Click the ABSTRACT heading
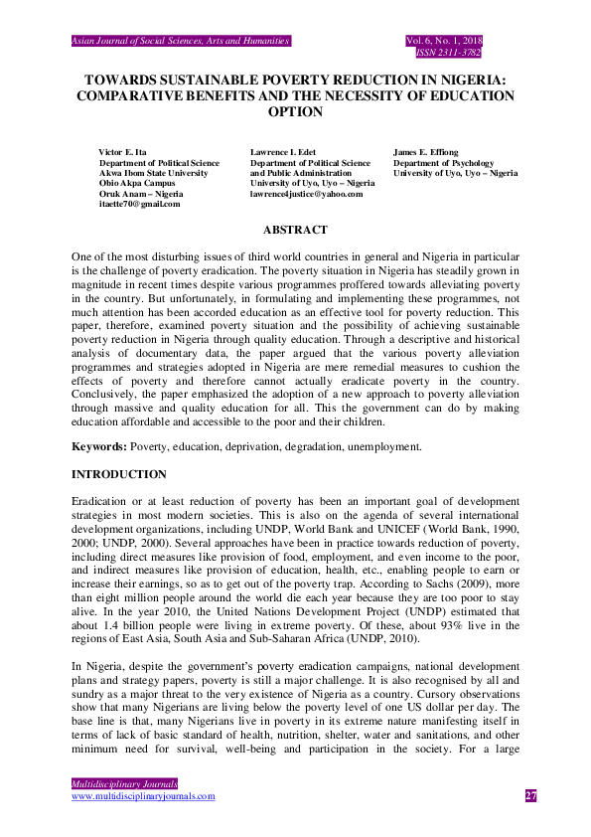295,230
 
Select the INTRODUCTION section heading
118,474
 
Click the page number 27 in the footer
530,795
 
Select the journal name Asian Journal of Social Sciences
180,41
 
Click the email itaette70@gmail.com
139,204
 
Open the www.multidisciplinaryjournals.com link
143,796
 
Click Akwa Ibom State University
153,173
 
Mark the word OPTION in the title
295,112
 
